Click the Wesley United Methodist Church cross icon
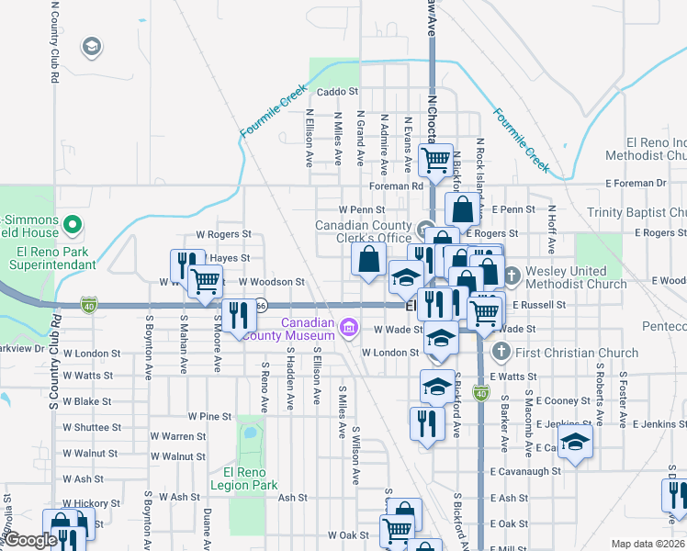tap(512, 274)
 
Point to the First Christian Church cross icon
tap(501, 352)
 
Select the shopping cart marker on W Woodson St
tap(206, 280)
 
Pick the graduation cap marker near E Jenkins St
tap(575, 443)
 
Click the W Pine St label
tap(209, 416)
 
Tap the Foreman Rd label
tap(395, 186)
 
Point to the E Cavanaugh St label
tap(525, 471)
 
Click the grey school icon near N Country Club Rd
tap(91, 46)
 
